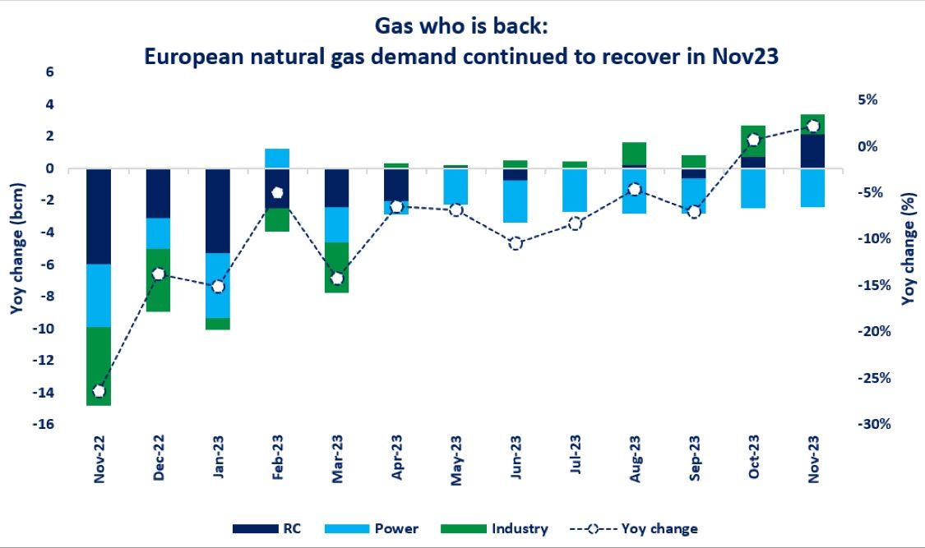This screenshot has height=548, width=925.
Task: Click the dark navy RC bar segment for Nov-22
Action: click(99, 216)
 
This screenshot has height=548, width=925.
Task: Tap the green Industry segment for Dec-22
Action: click(159, 280)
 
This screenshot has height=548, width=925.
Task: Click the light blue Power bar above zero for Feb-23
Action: click(277, 159)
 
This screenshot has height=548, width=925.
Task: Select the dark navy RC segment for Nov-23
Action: click(812, 151)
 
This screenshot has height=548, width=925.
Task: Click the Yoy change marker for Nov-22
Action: click(99, 391)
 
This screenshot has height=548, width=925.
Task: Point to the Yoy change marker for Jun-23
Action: click(516, 243)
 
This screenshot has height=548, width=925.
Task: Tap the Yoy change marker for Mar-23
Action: click(336, 279)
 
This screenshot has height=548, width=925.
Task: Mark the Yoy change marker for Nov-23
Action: click(812, 126)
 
